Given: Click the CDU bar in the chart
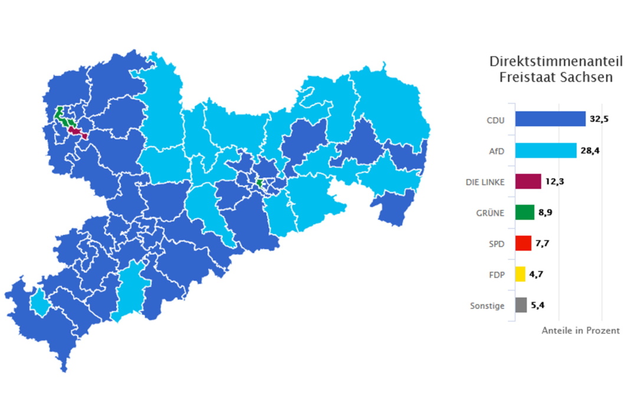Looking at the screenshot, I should click(550, 119).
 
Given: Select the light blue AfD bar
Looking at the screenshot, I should click(545, 151).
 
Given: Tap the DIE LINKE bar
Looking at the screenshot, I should click(528, 182).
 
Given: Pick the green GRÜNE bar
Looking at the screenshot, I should click(524, 213).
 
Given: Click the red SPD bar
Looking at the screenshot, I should click(523, 243).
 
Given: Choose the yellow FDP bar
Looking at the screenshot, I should click(520, 275).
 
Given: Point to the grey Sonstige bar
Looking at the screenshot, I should click(521, 305).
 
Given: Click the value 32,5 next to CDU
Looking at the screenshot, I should click(599, 119).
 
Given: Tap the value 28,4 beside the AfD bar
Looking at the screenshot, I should click(590, 151).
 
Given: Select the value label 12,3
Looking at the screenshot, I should click(554, 182).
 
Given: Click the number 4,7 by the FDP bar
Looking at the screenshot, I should click(537, 275).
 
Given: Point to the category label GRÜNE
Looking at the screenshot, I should click(491, 213).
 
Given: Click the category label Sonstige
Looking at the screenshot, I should click(487, 306).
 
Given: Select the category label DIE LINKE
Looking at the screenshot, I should click(481, 182).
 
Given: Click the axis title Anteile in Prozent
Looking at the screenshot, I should click(580, 331).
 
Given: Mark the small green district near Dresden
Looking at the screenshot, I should click(259, 184).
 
